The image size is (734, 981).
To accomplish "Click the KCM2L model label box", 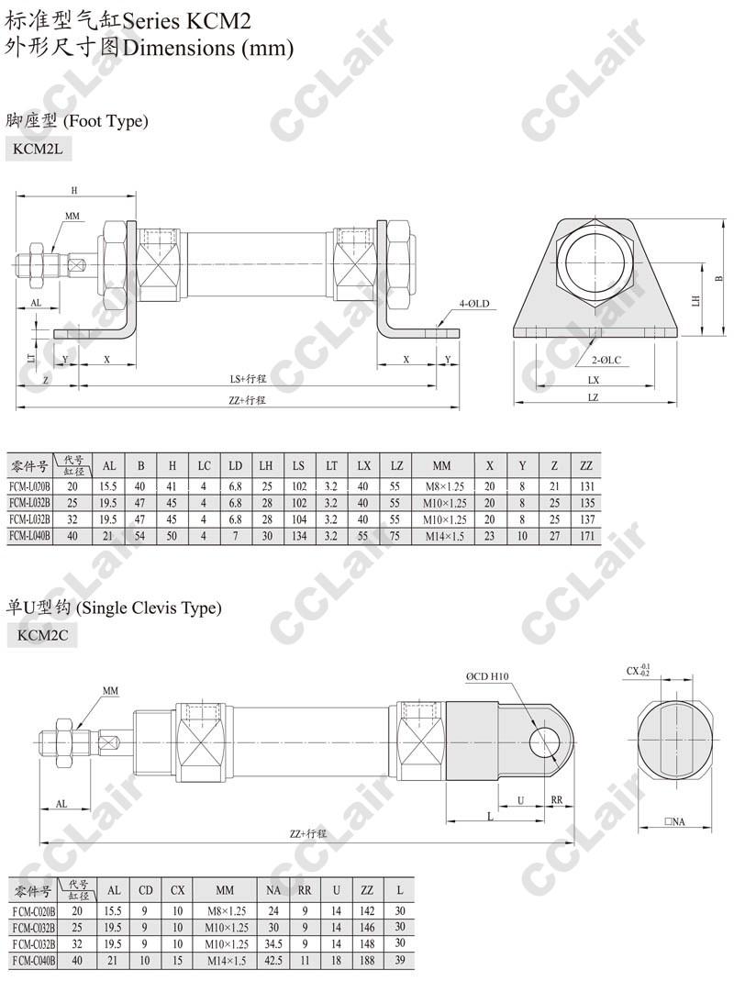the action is pos(39,150).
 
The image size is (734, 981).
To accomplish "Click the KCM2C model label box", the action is pos(42,636).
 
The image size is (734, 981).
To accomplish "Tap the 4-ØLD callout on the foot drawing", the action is pos(474,304).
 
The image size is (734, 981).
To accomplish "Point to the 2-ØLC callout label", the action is pos(606,360).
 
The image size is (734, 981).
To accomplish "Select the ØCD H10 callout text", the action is pos(487,676).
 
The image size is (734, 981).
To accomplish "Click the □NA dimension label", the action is pos(674,821).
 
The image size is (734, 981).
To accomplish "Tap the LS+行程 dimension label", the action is pos(248,378).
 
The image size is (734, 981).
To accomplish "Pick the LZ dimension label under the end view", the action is pos(593,397).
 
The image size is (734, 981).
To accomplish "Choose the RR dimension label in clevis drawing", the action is pos(556,799).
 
